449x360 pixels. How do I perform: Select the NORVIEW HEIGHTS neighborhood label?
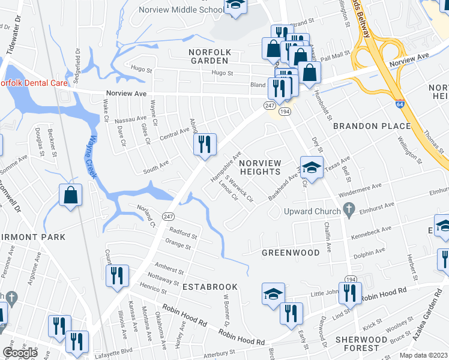pyautogui.click(x=260, y=167)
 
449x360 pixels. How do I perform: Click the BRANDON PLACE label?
pyautogui.click(x=372, y=126)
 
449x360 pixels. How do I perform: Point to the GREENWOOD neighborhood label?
pyautogui.click(x=291, y=253)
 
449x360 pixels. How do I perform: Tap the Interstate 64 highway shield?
pyautogui.click(x=400, y=104)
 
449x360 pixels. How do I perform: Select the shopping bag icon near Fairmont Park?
pyautogui.click(x=70, y=194)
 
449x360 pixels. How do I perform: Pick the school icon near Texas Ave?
pyautogui.click(x=312, y=167)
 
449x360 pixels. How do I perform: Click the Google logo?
pyautogui.click(x=20, y=352)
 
